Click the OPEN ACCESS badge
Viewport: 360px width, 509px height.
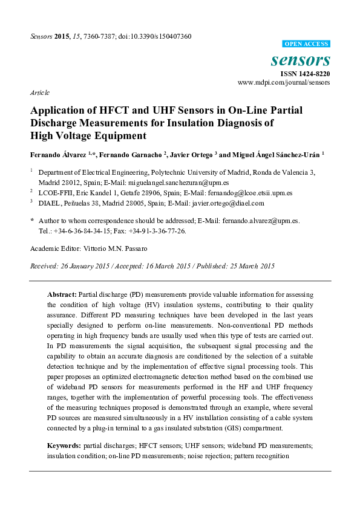306,44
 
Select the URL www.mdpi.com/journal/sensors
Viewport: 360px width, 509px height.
284,82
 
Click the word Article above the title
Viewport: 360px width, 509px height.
39,92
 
